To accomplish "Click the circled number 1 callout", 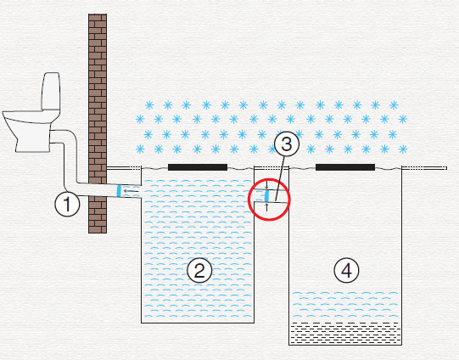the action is click(67, 204).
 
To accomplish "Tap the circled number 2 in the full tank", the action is click(199, 270).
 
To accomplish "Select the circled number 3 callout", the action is click(287, 144).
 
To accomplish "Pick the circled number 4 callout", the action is click(346, 270).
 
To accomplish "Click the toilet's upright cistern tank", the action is click(51, 91).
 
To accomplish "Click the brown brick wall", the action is click(98, 123).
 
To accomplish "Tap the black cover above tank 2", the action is click(198, 167).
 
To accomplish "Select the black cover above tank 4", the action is click(345, 167).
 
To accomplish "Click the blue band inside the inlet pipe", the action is click(119, 191).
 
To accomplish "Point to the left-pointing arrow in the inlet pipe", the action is click(131, 191).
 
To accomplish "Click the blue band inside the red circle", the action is click(266, 196).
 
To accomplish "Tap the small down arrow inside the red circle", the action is click(266, 185).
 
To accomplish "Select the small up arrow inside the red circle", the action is click(266, 207).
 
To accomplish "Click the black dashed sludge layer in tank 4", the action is click(345, 333).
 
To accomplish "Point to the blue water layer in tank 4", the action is click(345, 305).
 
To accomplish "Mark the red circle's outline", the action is click(249, 200).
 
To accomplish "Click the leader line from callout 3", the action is click(278, 178).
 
